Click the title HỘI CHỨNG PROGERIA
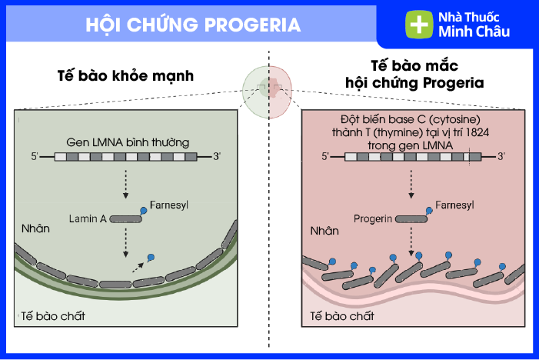[x=193, y=25]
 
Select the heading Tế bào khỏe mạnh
[x=125, y=77]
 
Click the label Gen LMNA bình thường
[x=127, y=142]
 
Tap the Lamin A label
[x=87, y=218]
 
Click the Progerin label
[x=374, y=218]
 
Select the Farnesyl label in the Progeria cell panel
[x=454, y=205]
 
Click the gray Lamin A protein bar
[x=125, y=219]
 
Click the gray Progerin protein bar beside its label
[x=412, y=218]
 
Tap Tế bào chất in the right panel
[x=341, y=316]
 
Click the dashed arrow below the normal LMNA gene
[x=125, y=183]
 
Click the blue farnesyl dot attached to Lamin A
[x=144, y=209]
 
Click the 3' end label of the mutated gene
[x=501, y=156]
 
